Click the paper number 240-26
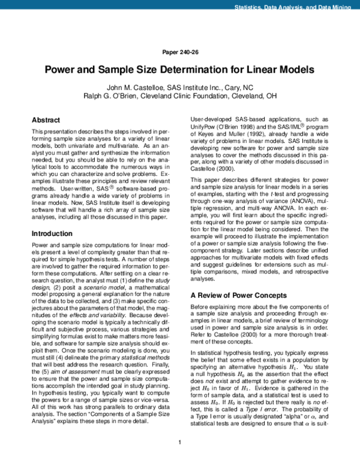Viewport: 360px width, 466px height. pyautogui.click(x=179, y=52)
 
